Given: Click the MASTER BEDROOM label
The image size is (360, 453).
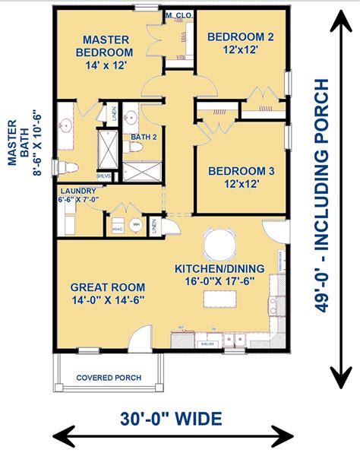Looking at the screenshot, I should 106,46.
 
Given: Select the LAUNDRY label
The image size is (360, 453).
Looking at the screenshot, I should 78,192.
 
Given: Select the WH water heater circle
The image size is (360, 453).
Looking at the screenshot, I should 137,224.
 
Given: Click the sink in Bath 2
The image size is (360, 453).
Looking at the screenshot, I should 130,118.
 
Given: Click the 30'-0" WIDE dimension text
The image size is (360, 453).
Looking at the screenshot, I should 172,418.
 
